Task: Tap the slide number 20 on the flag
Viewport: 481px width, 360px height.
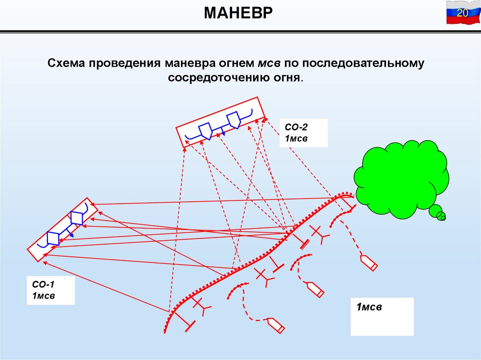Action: pos(462,13)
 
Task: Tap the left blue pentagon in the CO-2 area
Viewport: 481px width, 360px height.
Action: pos(205,130)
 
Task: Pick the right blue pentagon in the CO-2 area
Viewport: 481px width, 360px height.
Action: pos(233,119)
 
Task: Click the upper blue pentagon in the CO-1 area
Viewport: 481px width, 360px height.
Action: pos(76,218)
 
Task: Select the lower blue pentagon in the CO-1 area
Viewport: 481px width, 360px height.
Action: pos(53,238)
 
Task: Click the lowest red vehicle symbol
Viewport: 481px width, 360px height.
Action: pos(276,325)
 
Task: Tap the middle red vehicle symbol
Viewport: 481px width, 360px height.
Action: pos(314,289)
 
